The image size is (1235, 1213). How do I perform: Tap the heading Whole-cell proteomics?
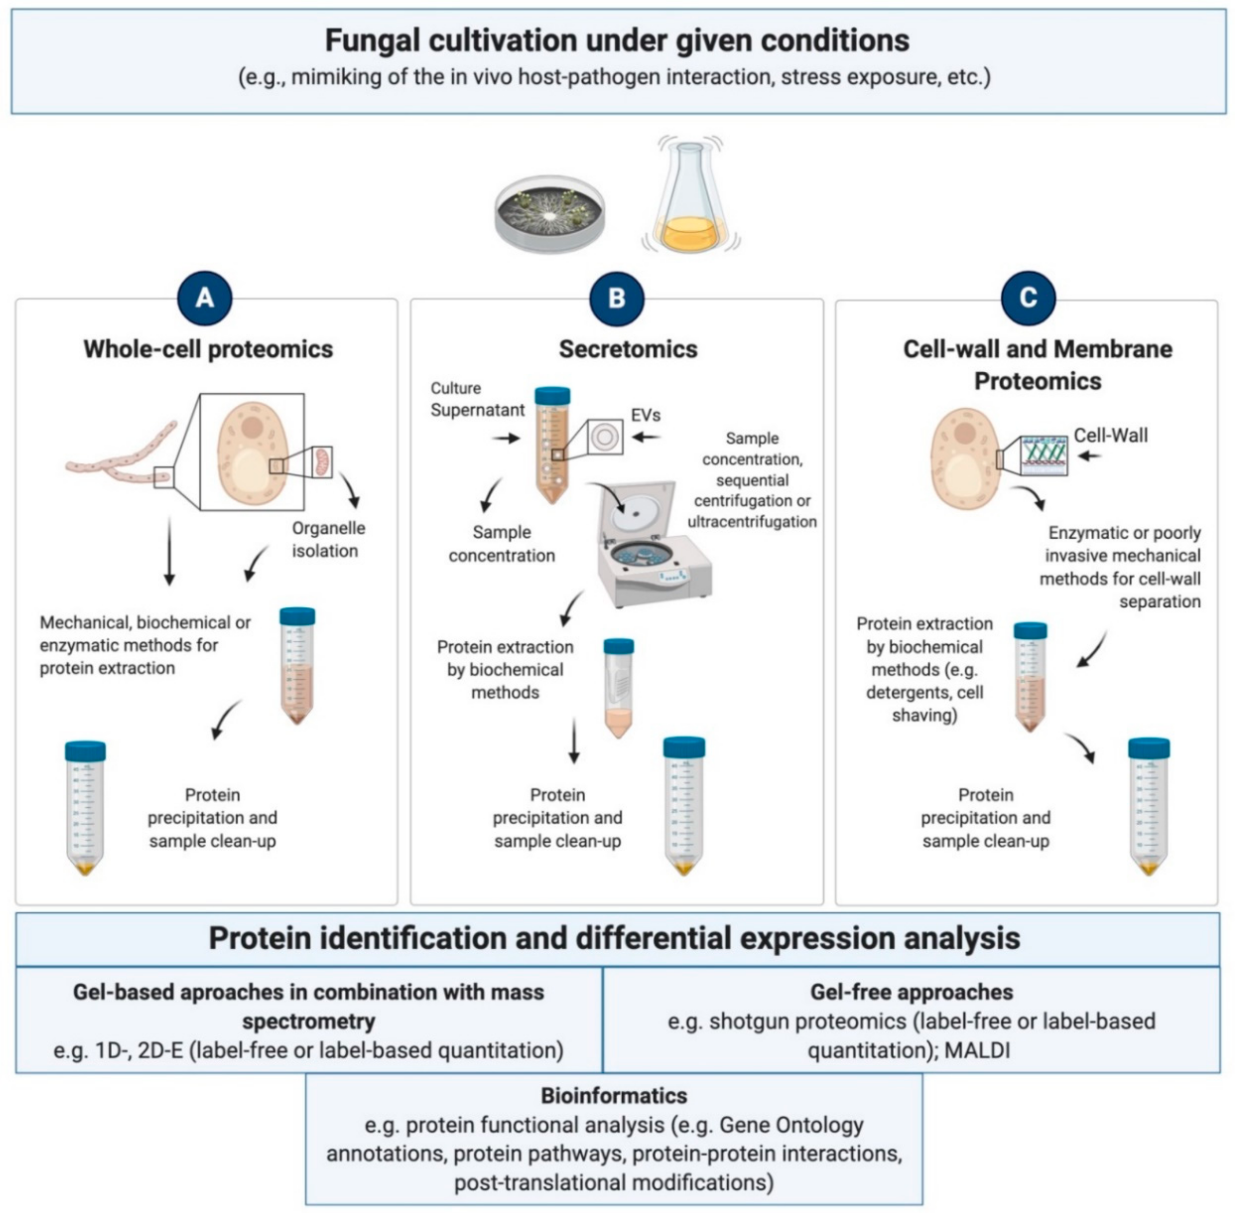tap(209, 349)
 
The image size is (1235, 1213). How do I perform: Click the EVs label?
tap(646, 416)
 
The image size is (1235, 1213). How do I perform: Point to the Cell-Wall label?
tap(1111, 435)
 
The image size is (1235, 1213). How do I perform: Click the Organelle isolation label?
tap(328, 539)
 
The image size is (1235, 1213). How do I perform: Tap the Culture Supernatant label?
tap(477, 399)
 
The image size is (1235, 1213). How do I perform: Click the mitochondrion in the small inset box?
tap(322, 462)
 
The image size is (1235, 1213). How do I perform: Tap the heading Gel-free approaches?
tap(911, 992)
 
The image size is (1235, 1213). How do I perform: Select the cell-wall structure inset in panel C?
tap(1044, 455)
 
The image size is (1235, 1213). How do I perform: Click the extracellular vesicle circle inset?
tap(605, 437)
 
